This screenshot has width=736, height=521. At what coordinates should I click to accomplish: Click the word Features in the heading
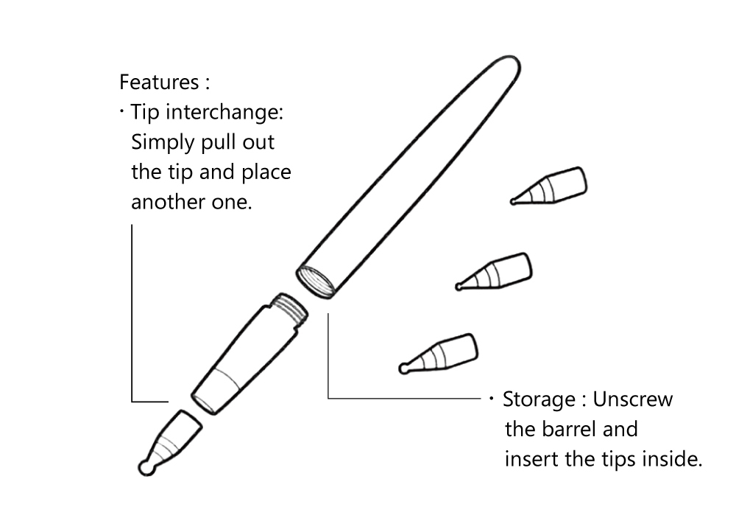158,81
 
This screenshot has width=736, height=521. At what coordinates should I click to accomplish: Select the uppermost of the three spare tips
552,187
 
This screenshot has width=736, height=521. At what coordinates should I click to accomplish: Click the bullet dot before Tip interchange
121,112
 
